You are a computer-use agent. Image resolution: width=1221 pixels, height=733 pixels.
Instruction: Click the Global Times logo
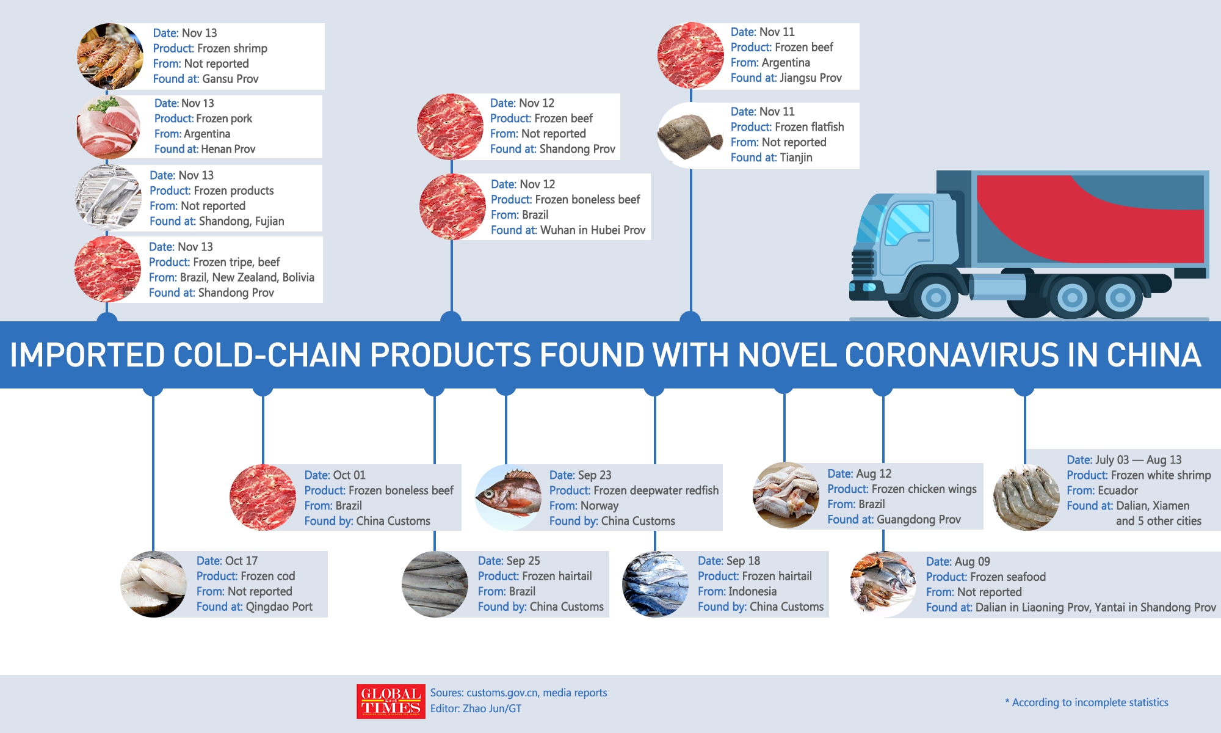tap(391, 701)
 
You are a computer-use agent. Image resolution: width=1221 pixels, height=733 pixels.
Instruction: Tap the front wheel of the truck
tap(935, 298)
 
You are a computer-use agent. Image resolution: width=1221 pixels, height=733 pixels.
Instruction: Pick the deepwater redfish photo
tap(509, 497)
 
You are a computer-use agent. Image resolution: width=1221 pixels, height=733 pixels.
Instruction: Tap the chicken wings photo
tap(786, 495)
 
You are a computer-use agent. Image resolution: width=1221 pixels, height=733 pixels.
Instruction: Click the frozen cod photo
tap(154, 585)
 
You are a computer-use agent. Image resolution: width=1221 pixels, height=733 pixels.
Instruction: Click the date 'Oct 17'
tap(241, 561)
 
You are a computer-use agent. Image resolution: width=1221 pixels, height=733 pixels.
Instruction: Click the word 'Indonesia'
tap(753, 591)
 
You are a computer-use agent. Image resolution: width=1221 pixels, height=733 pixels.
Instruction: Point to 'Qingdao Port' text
tap(278, 607)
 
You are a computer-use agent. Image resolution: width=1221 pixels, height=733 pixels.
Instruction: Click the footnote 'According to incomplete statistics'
tap(1090, 702)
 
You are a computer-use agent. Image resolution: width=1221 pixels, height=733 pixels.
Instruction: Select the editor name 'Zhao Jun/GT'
tap(491, 709)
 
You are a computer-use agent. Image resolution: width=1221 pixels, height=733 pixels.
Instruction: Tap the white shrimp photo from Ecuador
tap(1026, 497)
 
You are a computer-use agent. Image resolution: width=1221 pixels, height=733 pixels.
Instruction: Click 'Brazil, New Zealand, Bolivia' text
tap(247, 277)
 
